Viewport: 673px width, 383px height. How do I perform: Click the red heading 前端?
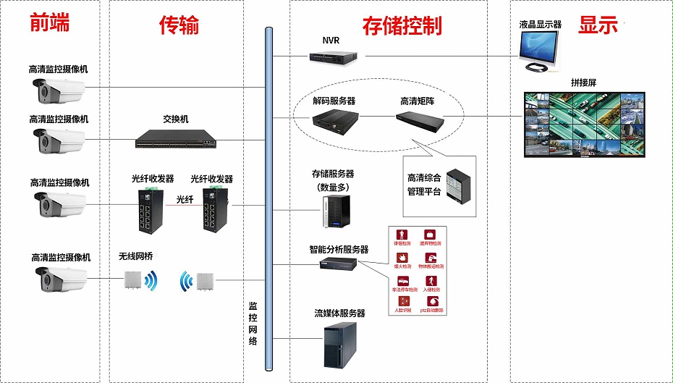tap(50, 23)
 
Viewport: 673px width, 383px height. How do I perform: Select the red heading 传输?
tap(179, 25)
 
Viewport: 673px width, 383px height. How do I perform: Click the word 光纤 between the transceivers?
tap(185, 199)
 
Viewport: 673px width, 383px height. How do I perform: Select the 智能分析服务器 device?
tap(338, 264)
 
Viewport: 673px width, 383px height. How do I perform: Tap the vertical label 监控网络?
tap(253, 323)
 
